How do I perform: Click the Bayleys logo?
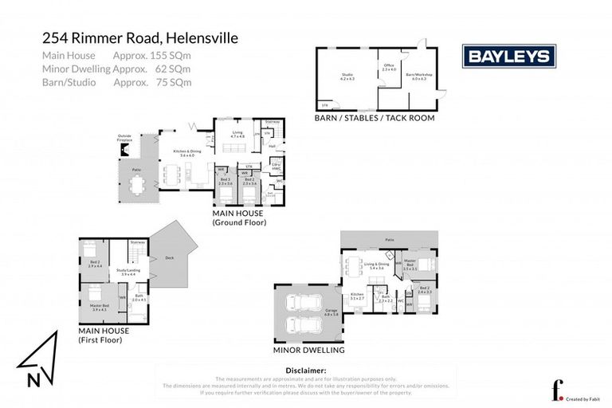pos(509,57)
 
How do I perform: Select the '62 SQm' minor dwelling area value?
pos(173,69)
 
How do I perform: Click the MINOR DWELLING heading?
pos(308,350)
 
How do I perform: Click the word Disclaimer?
pos(305,371)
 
